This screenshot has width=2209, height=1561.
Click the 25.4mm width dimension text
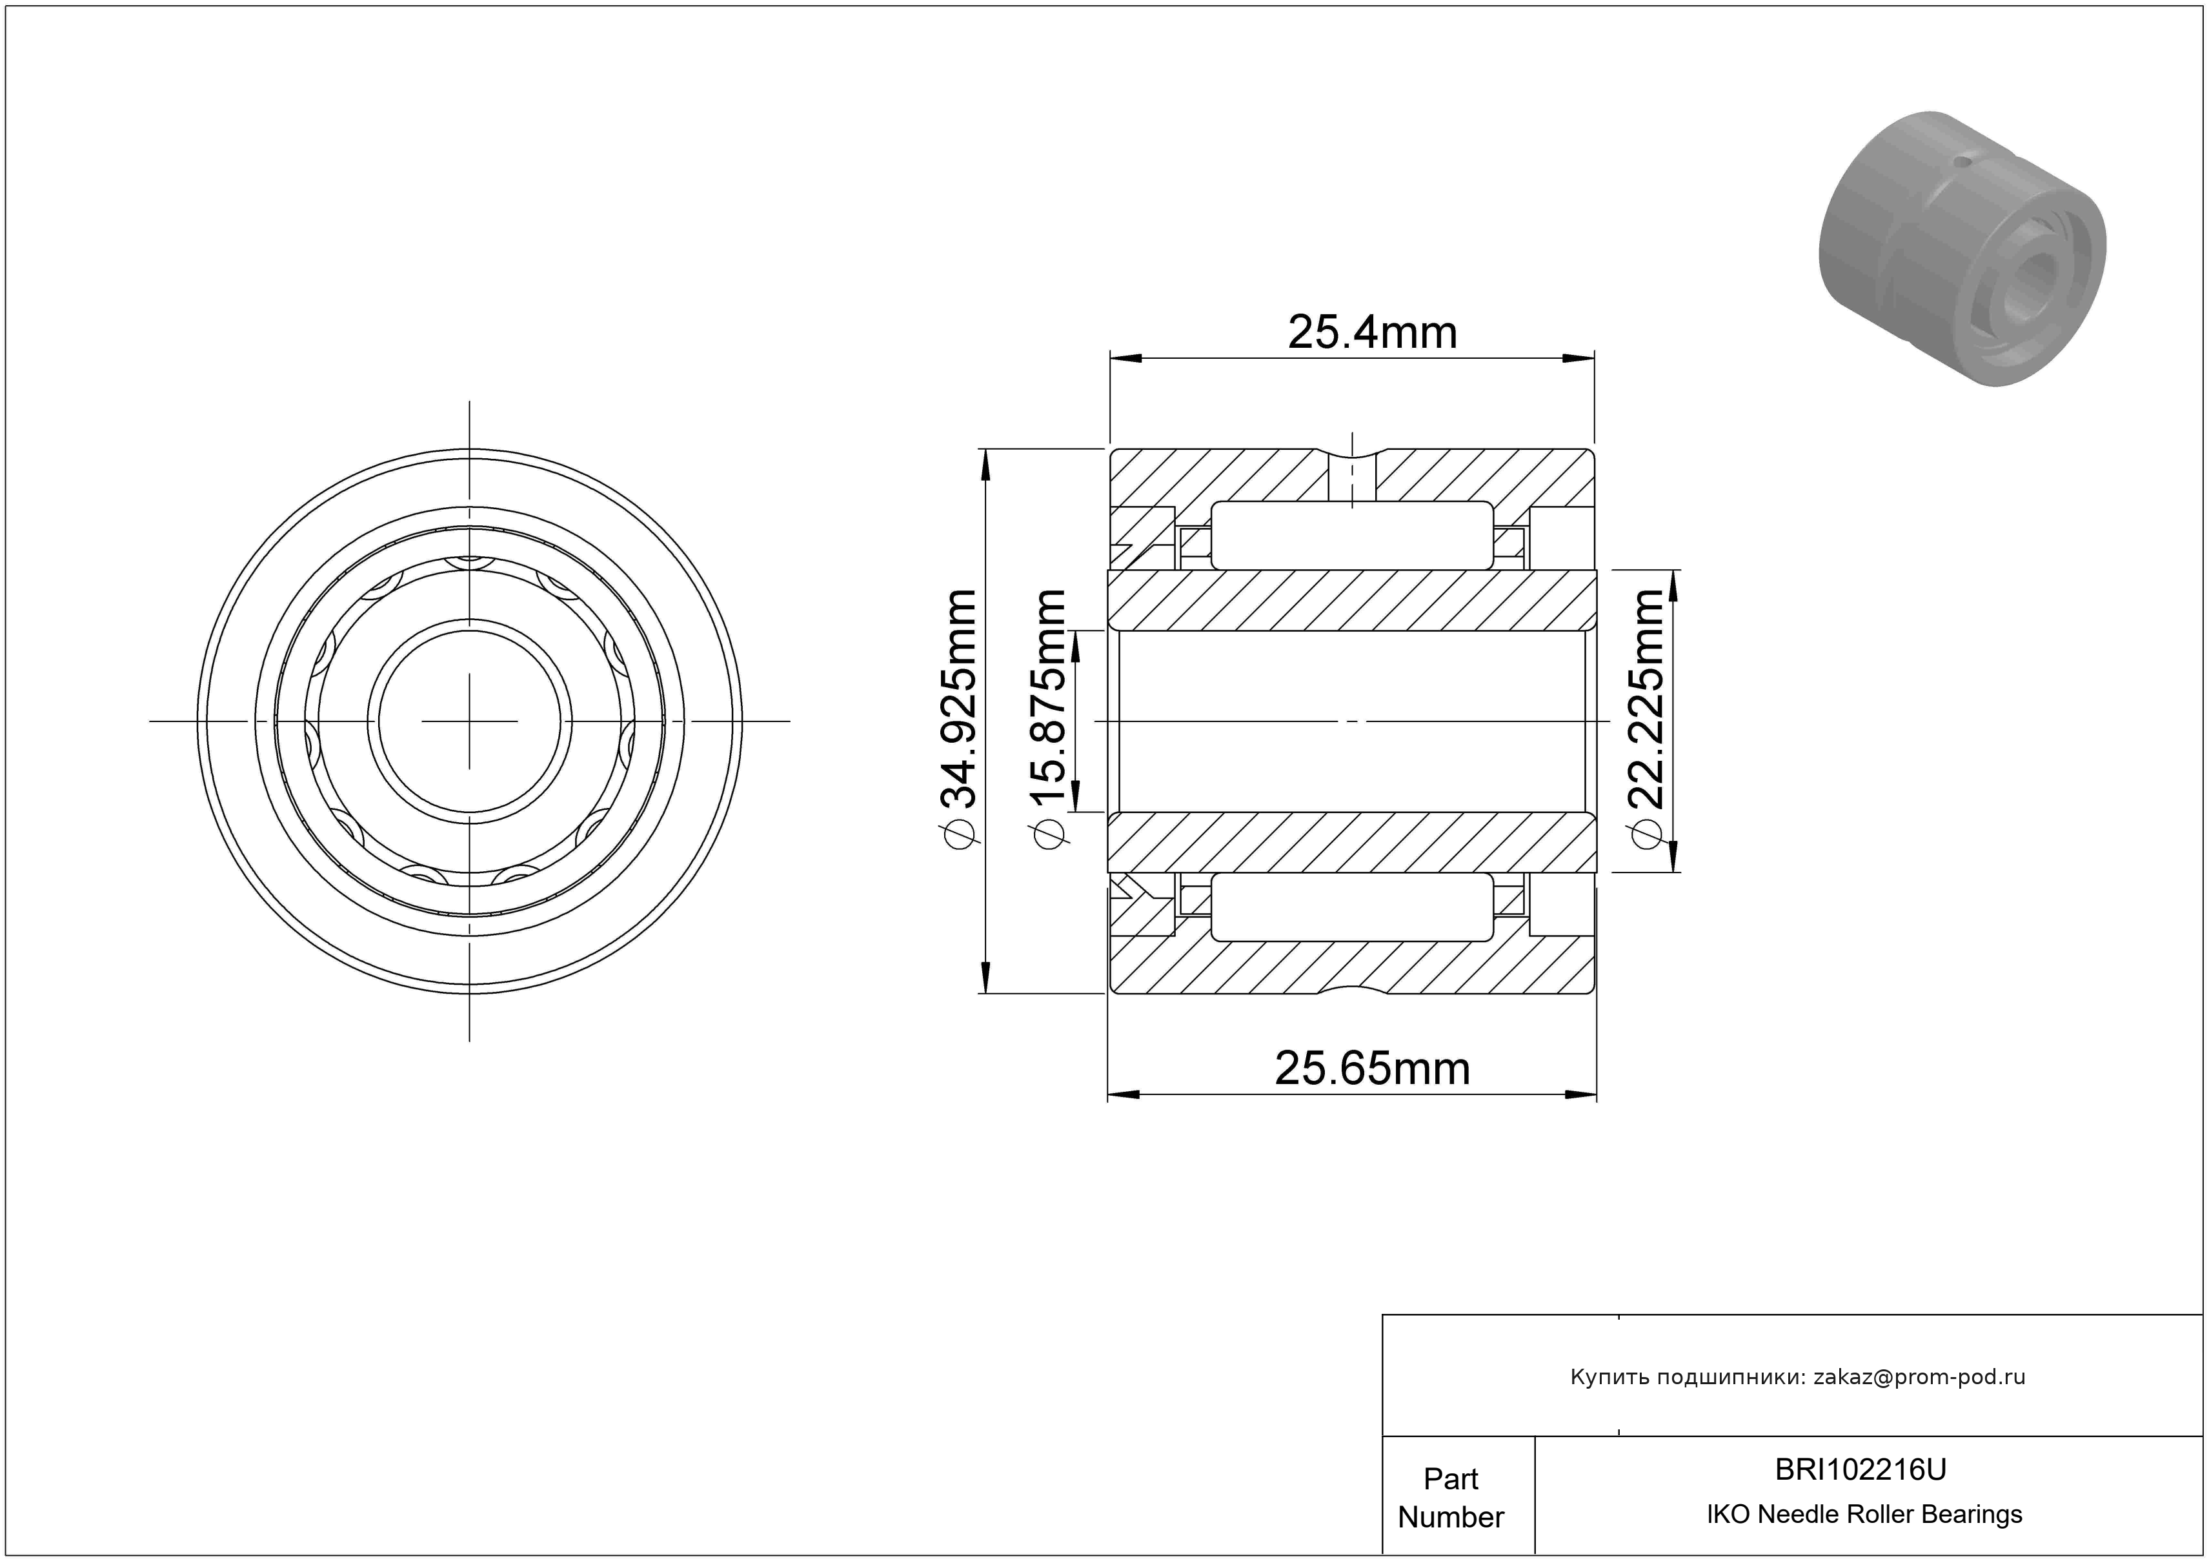tap(1372, 333)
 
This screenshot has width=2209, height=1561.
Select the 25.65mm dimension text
tap(1372, 1069)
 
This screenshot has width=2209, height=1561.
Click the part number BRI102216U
tap(1861, 1469)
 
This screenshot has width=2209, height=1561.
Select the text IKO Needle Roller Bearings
tap(1864, 1515)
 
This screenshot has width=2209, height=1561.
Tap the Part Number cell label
tap(1451, 1498)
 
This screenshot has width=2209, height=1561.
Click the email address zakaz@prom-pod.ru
tap(1919, 1377)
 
